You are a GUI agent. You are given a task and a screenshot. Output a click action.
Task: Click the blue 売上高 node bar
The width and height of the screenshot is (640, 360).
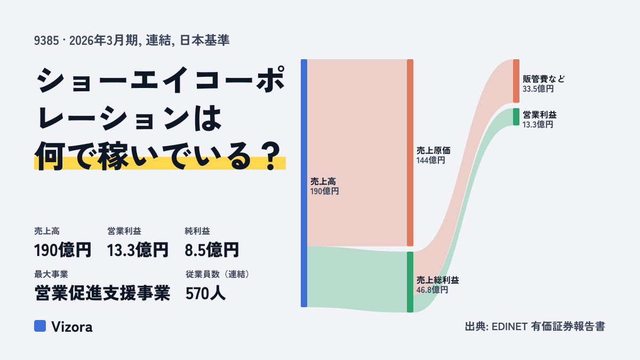pyautogui.click(x=304, y=183)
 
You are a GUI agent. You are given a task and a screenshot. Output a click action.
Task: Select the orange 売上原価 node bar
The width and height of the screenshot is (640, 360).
pyautogui.click(x=410, y=153)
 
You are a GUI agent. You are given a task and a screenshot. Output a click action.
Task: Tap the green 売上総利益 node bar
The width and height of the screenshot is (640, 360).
pyautogui.click(x=410, y=282)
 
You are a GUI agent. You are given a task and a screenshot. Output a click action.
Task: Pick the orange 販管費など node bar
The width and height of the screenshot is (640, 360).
pyautogui.click(x=516, y=81)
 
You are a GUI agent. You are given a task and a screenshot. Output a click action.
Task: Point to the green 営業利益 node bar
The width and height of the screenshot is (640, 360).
pyautogui.click(x=516, y=117)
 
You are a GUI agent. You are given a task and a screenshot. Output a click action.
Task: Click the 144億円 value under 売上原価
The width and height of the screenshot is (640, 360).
pyautogui.click(x=430, y=161)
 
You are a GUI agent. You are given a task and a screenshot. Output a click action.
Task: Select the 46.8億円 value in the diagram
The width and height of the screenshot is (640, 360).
pyautogui.click(x=432, y=290)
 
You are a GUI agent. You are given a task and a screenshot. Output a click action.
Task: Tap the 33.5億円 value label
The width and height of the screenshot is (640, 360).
pyautogui.click(x=538, y=89)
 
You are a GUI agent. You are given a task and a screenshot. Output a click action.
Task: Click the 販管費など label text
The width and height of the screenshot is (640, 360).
pyautogui.click(x=543, y=79)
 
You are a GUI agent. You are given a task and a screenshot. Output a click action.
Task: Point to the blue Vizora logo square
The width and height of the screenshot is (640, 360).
pyautogui.click(x=40, y=326)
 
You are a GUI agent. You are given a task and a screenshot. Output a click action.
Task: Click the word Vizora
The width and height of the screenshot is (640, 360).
pyautogui.click(x=72, y=327)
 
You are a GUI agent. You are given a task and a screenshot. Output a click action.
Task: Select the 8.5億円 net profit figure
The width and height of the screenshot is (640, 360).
pyautogui.click(x=212, y=250)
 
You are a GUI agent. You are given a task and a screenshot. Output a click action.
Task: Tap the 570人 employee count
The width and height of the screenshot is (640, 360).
pyautogui.click(x=205, y=293)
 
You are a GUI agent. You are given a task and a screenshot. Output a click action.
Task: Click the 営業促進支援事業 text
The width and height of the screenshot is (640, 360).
pyautogui.click(x=102, y=293)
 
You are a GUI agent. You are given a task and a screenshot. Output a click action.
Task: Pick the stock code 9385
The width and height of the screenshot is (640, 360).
pyautogui.click(x=46, y=41)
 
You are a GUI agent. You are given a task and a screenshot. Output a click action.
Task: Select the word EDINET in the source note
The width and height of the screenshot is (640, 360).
pyautogui.click(x=509, y=326)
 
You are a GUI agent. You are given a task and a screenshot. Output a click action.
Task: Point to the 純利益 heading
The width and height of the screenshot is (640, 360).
pyautogui.click(x=197, y=231)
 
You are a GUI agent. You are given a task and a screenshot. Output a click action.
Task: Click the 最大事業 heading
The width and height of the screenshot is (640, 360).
pyautogui.click(x=51, y=274)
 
